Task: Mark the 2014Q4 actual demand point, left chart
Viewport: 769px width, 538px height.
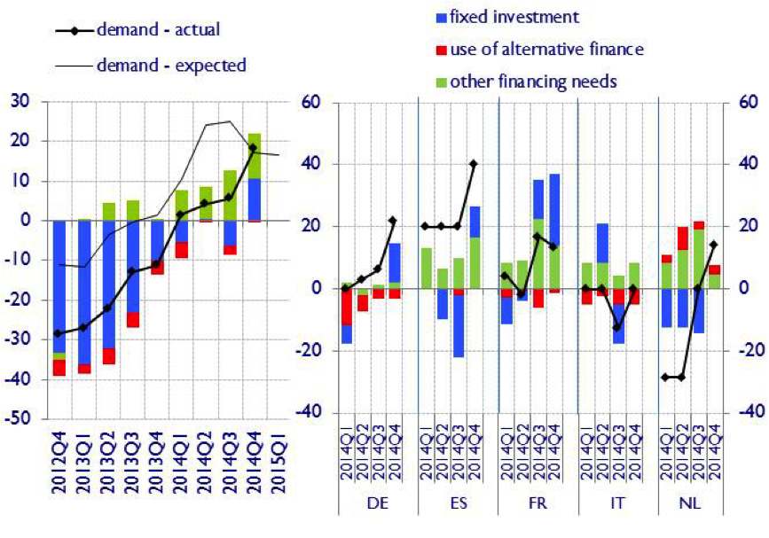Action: tap(254, 148)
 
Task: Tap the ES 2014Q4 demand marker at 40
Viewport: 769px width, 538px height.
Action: tap(474, 164)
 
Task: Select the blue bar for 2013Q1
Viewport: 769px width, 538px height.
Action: tap(85, 292)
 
